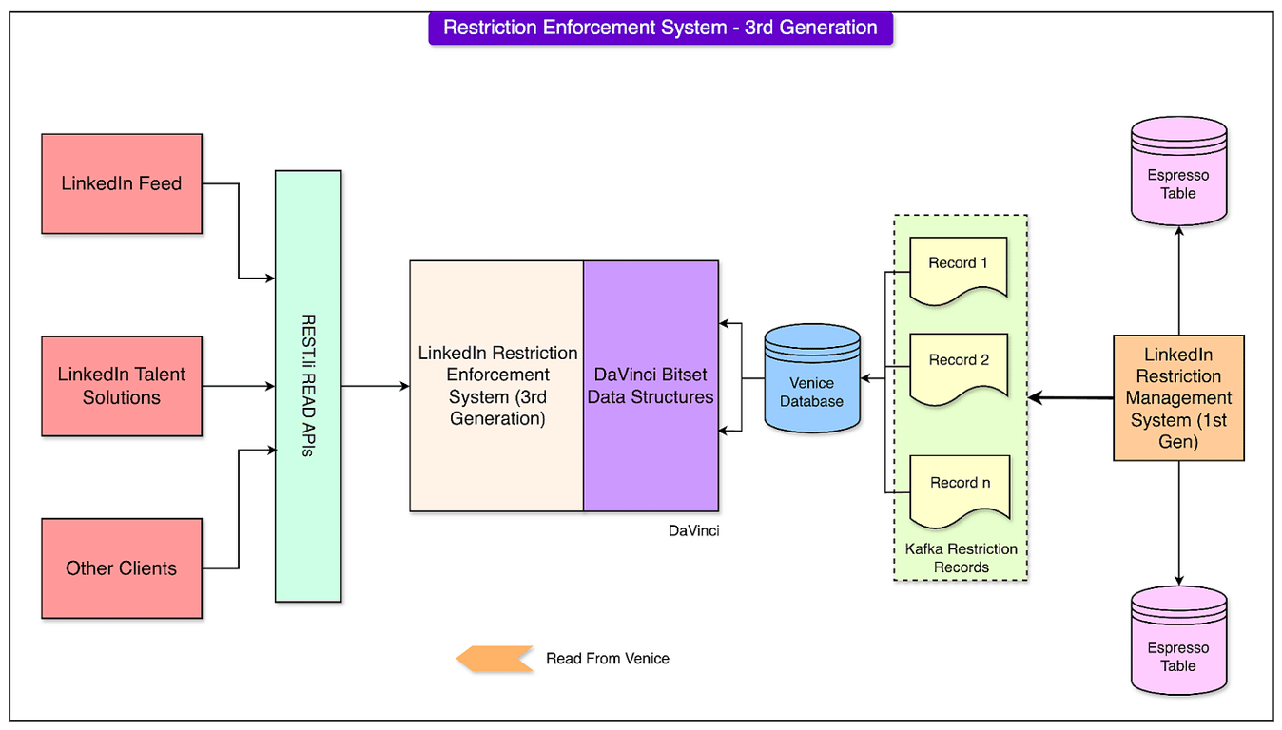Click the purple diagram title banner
660,28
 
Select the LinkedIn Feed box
122,184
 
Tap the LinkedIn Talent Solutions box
122,386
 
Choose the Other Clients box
122,568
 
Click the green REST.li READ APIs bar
308,386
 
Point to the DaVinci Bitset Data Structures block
651,386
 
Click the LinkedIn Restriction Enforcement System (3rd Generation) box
496,386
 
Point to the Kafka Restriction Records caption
961,558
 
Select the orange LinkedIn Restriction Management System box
1178,398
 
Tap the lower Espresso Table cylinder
1178,642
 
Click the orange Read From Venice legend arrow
495,659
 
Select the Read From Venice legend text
608,659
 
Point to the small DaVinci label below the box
693,530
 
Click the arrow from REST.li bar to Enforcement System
376,386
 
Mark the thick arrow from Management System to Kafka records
1070,398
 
